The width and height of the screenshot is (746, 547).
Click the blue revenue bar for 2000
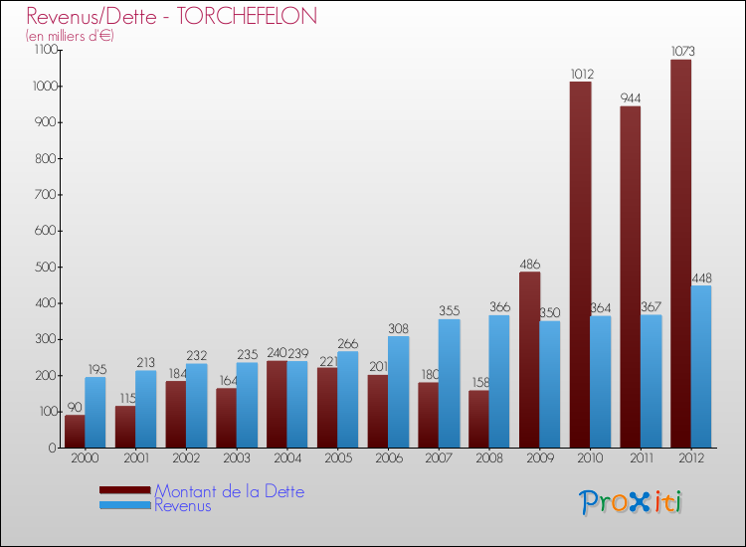[x=95, y=412]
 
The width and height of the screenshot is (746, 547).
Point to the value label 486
[x=529, y=265]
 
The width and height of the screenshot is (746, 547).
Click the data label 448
[x=701, y=278]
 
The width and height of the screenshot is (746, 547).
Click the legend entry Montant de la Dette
[x=229, y=491]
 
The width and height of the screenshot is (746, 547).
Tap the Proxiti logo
[x=631, y=502]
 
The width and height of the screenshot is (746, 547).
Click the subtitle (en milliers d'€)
[x=70, y=36]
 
